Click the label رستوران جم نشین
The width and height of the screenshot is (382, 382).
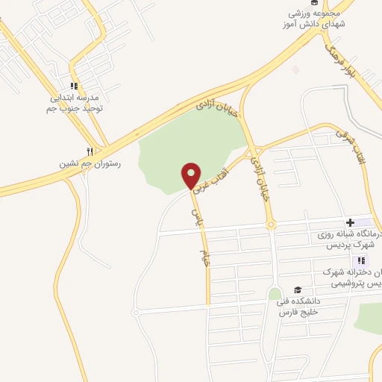click(x=90, y=162)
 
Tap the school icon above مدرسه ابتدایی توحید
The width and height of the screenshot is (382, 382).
click(x=74, y=86)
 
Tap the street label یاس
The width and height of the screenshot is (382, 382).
click(x=196, y=216)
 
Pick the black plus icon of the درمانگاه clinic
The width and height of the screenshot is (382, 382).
click(x=350, y=222)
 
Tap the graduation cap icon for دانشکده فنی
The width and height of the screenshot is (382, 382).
click(x=298, y=290)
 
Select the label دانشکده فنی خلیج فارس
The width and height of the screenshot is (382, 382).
click(x=298, y=307)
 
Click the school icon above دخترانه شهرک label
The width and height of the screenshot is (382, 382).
click(x=362, y=260)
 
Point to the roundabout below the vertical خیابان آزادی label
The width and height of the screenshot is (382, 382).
click(x=271, y=224)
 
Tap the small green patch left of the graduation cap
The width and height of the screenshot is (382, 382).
click(x=275, y=294)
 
